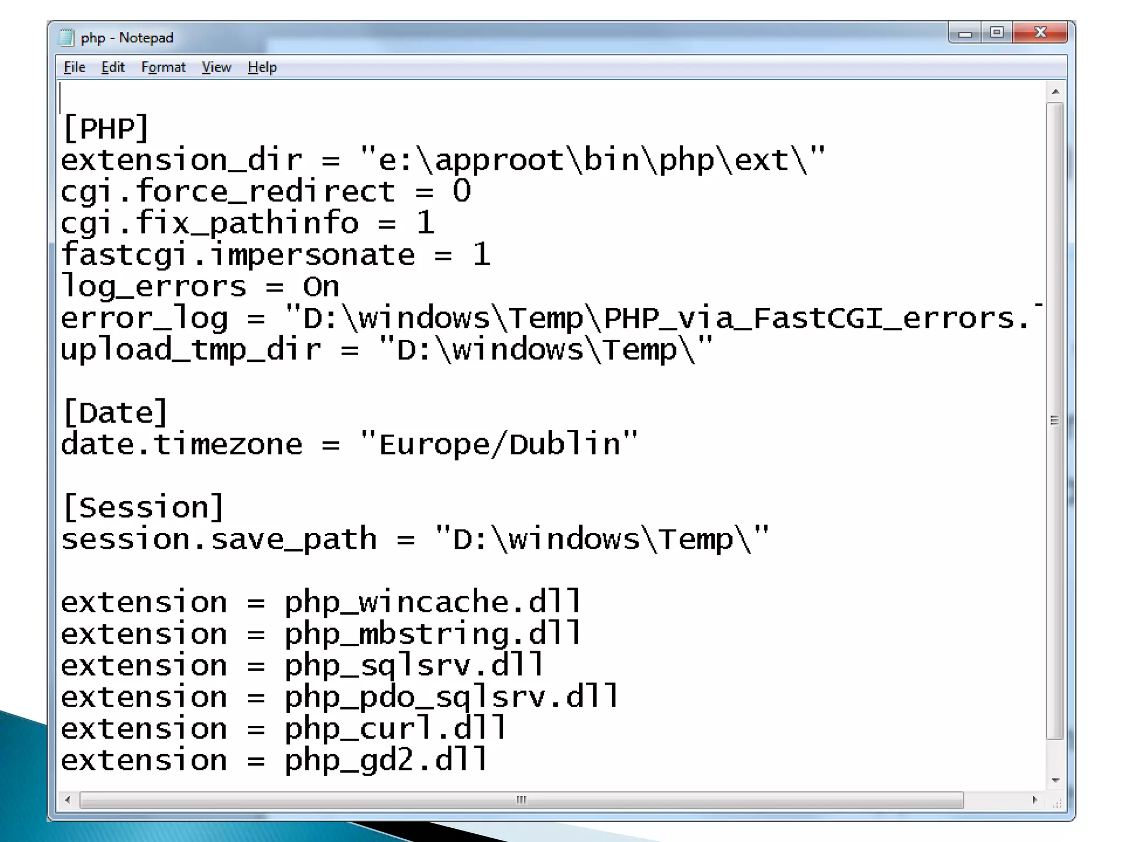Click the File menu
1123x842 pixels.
75,67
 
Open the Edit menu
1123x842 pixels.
113,67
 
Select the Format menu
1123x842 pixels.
163,67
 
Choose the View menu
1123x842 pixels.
217,67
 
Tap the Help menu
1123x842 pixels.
262,67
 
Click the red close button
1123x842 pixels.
1040,32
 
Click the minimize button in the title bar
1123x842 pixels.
965,33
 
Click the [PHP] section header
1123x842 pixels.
106,129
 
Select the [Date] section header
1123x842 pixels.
115,413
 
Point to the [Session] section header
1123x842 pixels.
144,508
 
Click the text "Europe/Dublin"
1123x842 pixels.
500,444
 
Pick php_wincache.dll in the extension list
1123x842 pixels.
432,602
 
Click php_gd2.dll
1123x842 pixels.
385,760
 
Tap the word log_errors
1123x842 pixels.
154,287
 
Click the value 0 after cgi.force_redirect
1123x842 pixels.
462,192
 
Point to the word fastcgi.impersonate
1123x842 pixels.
238,255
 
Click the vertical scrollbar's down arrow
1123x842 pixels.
1056,780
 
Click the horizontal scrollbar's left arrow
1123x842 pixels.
67,800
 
